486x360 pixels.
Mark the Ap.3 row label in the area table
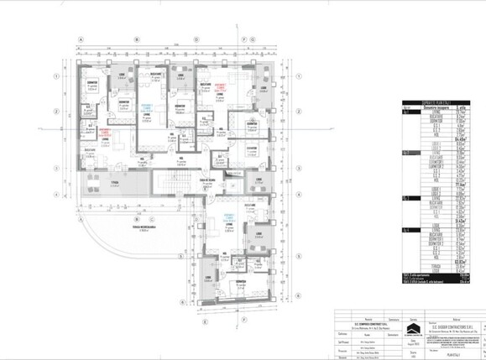click(x=384, y=198)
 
